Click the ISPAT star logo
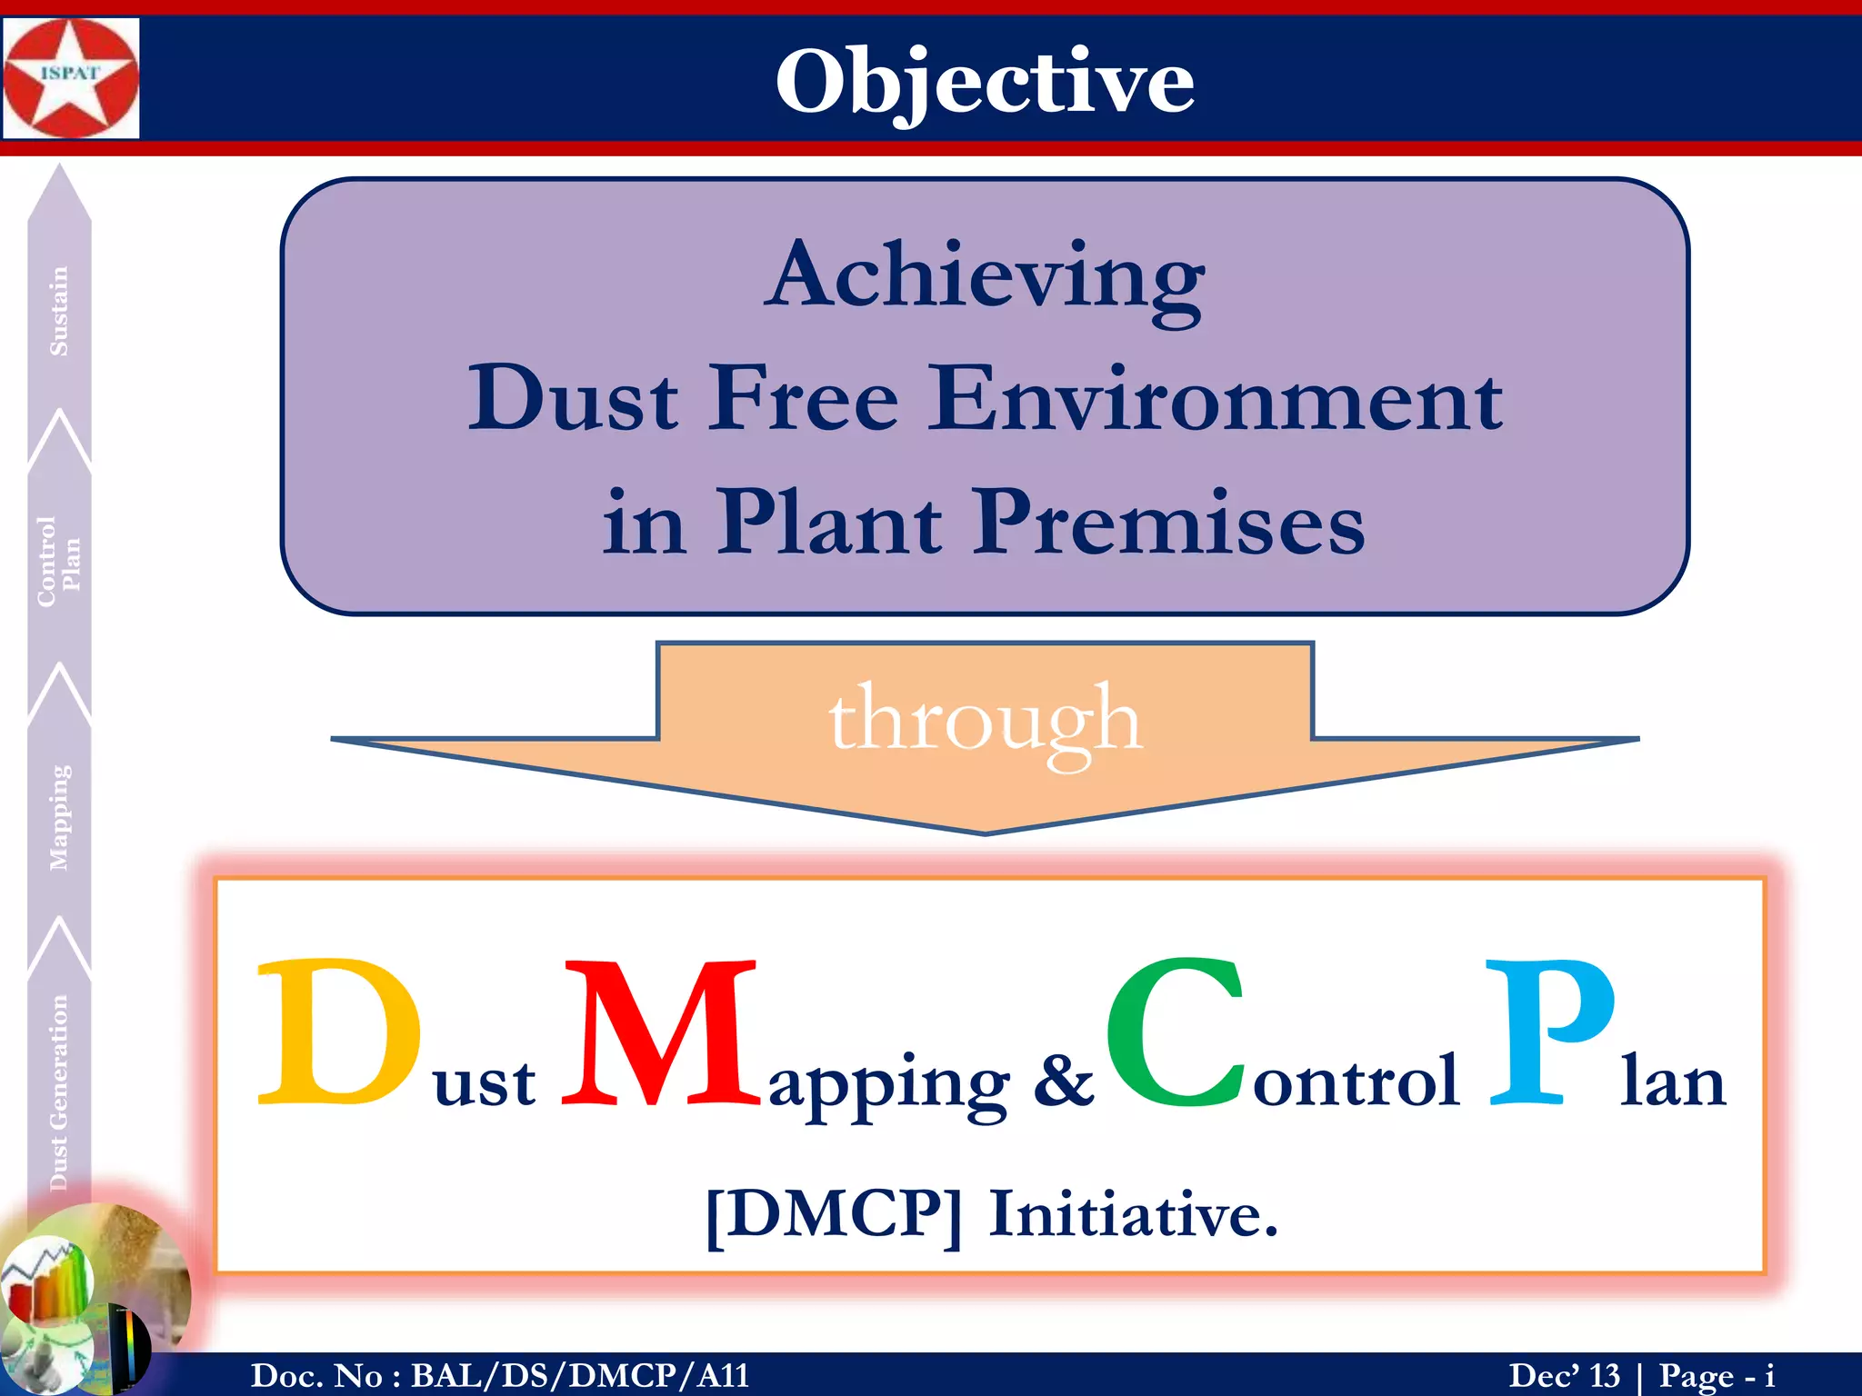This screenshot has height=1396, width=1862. pyautogui.click(x=71, y=78)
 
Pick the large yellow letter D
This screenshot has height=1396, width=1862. pyautogui.click(x=338, y=1033)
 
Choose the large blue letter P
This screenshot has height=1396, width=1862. pyautogui.click(x=1549, y=1033)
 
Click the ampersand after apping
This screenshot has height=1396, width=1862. pyautogui.click(x=1063, y=1082)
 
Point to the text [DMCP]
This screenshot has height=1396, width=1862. pyautogui.click(x=833, y=1215)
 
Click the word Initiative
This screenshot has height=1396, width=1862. pyautogui.click(x=1133, y=1215)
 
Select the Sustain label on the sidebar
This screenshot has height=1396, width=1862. pyautogui.click(x=59, y=311)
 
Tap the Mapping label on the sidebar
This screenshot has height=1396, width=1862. pyautogui.click(x=59, y=817)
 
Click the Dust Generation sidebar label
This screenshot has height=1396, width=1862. pyautogui.click(x=59, y=1092)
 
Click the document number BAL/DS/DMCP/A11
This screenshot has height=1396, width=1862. pyautogui.click(x=580, y=1375)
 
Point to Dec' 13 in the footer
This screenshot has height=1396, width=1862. pyautogui.click(x=1564, y=1375)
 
